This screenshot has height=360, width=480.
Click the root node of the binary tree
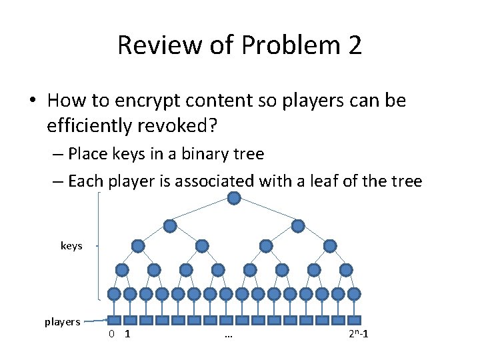tap(234, 198)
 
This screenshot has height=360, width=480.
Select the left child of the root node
tap(170, 226)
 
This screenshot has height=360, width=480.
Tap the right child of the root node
tap(298, 226)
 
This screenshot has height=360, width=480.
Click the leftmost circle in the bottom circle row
tap(114, 293)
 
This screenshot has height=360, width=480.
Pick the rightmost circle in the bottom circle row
tap(354, 293)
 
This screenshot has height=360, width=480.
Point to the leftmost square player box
tap(114, 320)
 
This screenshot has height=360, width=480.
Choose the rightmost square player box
tap(354, 320)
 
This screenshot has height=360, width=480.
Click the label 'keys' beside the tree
tap(71, 246)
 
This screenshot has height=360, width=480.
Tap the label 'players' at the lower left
tap(63, 322)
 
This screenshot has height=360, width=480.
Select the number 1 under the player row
tap(127, 333)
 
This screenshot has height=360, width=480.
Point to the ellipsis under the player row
tap(228, 335)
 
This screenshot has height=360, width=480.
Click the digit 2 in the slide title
tap(354, 45)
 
